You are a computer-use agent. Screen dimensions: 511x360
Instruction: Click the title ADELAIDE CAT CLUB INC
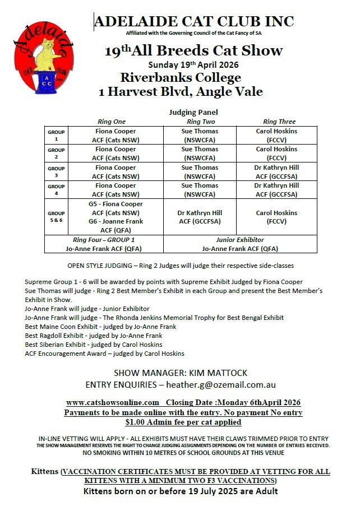pos(194,22)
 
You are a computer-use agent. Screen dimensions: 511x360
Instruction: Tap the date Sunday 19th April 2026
pos(193,64)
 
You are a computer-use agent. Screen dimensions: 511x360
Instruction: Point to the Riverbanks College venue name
pos(181,77)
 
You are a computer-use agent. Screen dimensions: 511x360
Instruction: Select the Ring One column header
pos(112,122)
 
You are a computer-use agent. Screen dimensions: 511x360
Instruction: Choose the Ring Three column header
pos(279,122)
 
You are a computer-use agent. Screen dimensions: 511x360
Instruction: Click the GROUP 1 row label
pos(56,135)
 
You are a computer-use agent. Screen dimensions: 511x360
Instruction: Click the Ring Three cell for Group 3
pos(277,171)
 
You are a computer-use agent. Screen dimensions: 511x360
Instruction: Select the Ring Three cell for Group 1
pos(277,135)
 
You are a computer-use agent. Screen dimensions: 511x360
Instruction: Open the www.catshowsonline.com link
pos(113,402)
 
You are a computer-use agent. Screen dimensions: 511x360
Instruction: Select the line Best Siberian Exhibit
pos(94,344)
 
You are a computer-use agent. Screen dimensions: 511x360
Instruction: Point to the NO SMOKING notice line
pos(183,453)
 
